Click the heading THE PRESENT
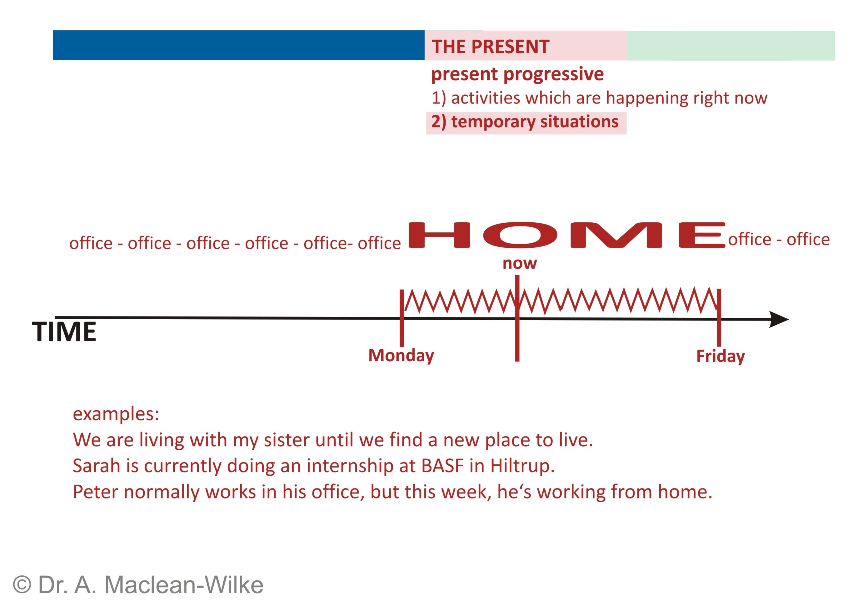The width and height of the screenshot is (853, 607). tap(490, 47)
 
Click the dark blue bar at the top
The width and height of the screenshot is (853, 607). tap(239, 45)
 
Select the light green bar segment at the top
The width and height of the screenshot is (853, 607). tap(731, 46)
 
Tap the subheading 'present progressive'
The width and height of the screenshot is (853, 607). tap(517, 74)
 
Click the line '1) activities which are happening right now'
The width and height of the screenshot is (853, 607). tap(599, 98)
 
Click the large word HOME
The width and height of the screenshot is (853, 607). tap(567, 235)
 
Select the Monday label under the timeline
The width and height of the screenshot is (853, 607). tap(401, 356)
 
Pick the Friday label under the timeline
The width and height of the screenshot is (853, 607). tap(721, 357)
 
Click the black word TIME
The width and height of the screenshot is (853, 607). tap(64, 332)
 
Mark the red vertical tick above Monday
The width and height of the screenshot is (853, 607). tap(402, 318)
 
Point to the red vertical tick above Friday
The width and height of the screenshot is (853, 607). tap(719, 318)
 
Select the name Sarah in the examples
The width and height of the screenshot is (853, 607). tap(96, 466)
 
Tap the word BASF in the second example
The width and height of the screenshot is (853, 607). tap(442, 466)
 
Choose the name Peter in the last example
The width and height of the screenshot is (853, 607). tap(96, 492)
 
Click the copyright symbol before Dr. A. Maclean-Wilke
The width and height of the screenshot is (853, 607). tap(22, 584)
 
